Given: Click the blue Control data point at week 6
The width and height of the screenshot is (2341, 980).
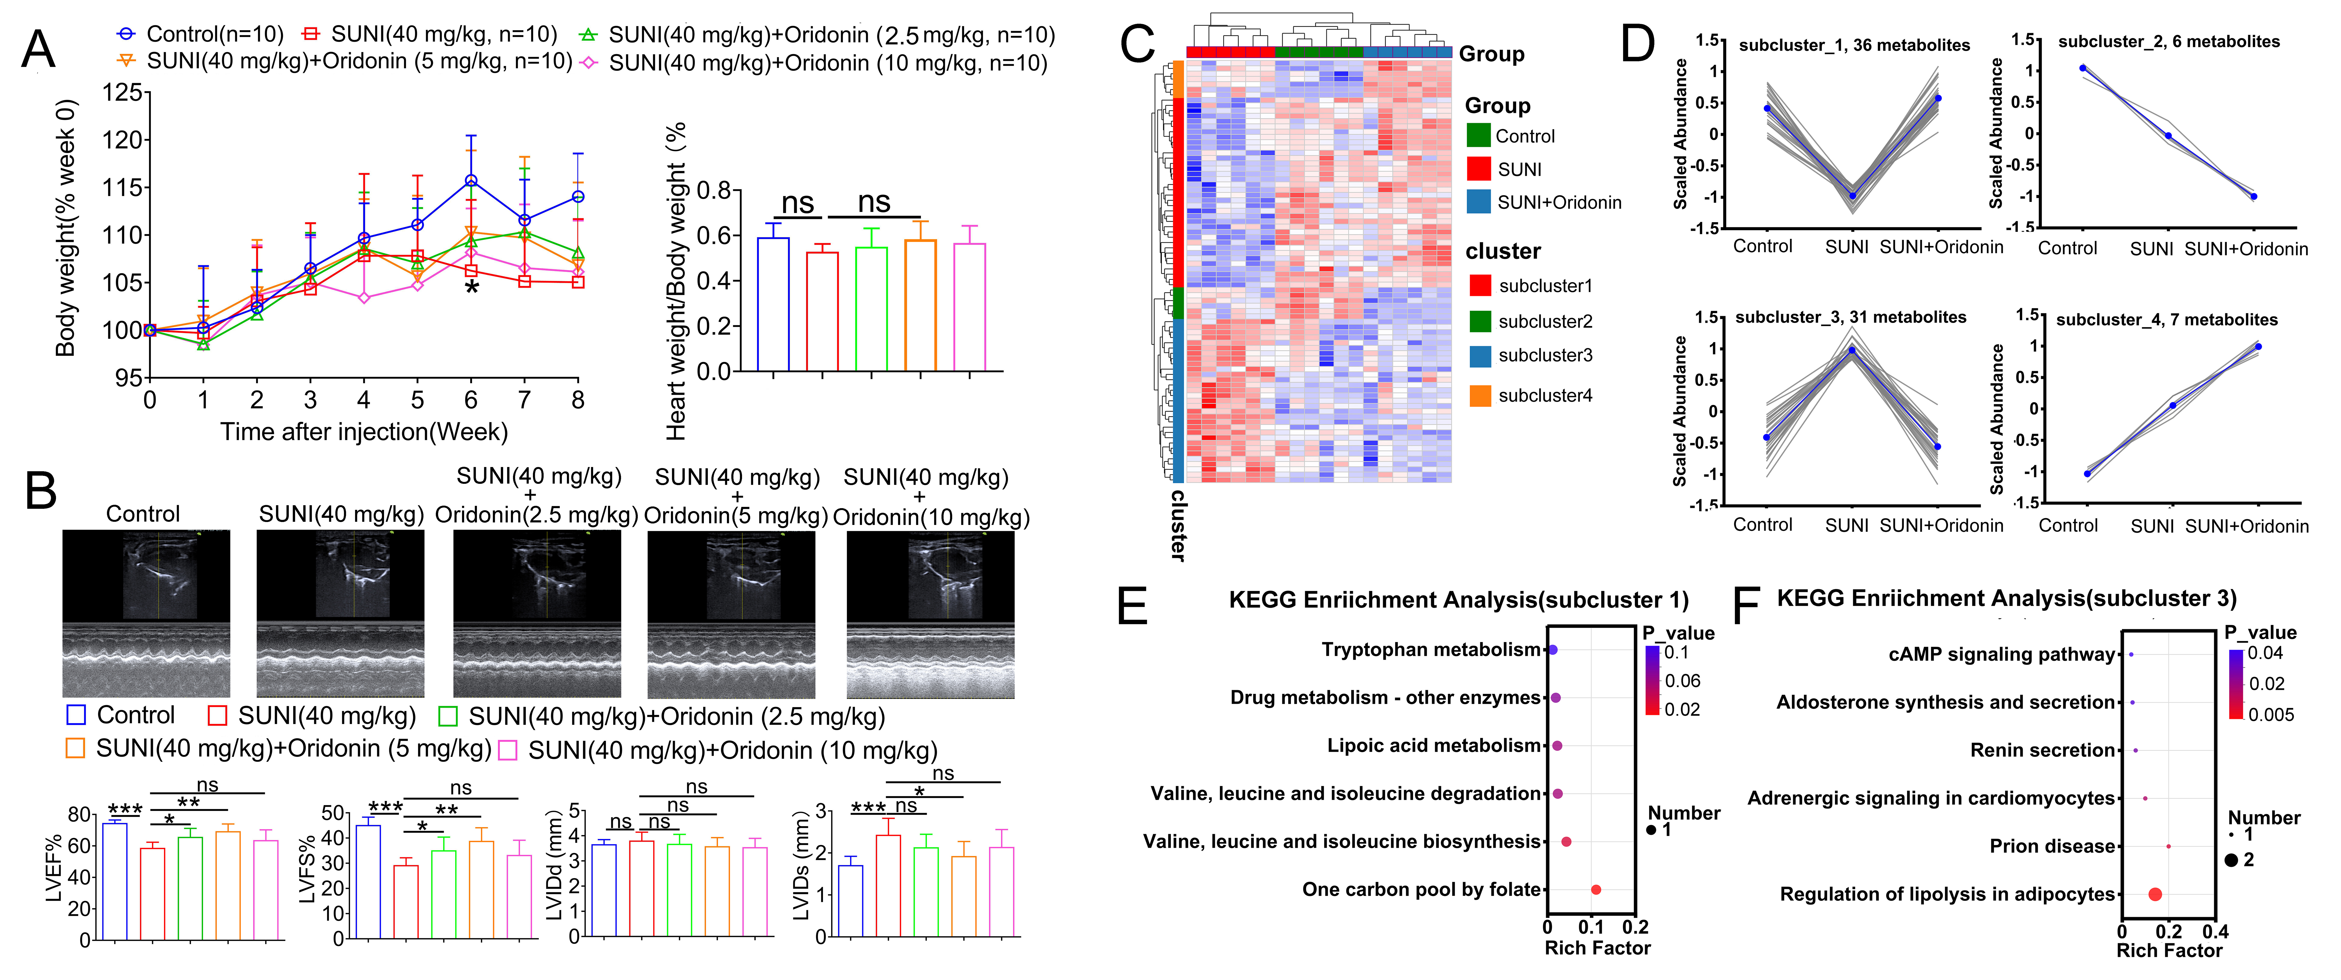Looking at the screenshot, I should pos(471,181).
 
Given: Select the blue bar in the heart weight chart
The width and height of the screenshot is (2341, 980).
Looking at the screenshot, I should pos(773,305).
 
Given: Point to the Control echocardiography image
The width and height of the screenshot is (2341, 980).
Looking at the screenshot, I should pos(145,614).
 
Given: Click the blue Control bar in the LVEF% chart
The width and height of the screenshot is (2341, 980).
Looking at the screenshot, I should pos(114,880).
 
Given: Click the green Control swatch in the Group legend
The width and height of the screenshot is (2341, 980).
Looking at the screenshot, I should pos(1479,136).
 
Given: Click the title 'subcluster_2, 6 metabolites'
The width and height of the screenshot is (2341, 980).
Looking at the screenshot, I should pos(2168,41).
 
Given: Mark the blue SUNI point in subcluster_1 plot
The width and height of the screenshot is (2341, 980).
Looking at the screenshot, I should pos(1852,196).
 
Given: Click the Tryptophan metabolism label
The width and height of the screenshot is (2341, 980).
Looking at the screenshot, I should pos(1431,649).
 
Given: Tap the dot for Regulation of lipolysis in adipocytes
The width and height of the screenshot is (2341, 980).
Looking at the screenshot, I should pos(2155,894).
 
